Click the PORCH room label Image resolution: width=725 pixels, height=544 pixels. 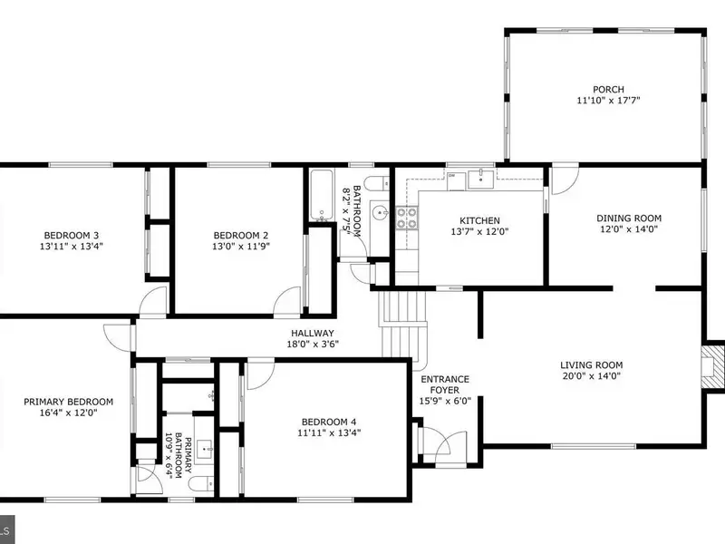pyautogui.click(x=608, y=89)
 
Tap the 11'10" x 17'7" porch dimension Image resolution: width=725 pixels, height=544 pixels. pyautogui.click(x=608, y=101)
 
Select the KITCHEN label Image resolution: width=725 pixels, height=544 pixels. pyautogui.click(x=479, y=220)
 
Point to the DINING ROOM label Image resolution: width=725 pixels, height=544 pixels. pyautogui.click(x=629, y=218)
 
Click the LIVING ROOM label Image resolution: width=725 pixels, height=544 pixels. pyautogui.click(x=592, y=365)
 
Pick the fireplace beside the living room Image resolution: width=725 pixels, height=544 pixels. pyautogui.click(x=712, y=367)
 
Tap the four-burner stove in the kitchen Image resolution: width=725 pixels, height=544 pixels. pyautogui.click(x=407, y=219)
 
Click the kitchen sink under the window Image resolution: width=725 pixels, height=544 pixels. pyautogui.click(x=481, y=180)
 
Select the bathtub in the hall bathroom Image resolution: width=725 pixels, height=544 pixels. pyautogui.click(x=322, y=195)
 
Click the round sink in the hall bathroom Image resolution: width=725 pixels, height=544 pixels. pyautogui.click(x=380, y=213)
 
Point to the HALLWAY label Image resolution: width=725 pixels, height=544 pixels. pyautogui.click(x=313, y=333)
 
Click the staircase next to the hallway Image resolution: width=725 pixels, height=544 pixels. pyautogui.click(x=402, y=325)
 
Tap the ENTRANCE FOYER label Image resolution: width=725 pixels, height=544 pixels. pyautogui.click(x=445, y=384)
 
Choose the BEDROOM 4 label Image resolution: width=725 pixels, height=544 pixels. pyautogui.click(x=329, y=422)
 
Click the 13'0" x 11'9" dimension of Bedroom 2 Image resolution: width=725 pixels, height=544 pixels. pyautogui.click(x=240, y=247)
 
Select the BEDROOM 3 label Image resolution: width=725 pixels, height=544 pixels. pyautogui.click(x=72, y=236)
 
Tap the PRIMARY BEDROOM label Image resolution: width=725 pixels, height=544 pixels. pyautogui.click(x=69, y=402)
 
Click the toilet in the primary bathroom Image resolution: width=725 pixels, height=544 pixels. pyautogui.click(x=201, y=484)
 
